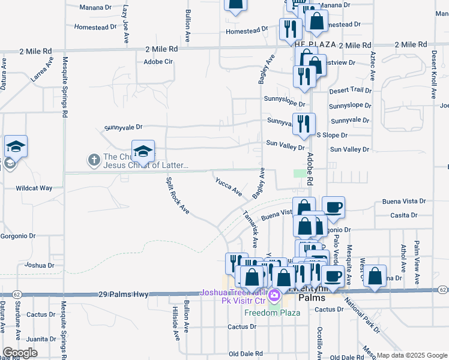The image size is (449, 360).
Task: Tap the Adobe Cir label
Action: click(158, 62)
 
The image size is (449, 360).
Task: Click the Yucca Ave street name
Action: click(229, 185)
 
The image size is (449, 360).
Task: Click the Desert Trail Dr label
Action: click(351, 90)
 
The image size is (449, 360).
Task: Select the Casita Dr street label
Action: click(404, 215)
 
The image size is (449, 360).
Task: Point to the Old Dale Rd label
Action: click(246, 353)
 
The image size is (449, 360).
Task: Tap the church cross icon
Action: click(94, 160)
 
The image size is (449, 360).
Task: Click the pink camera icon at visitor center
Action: click(274, 295)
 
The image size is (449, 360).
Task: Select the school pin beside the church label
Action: click(143, 152)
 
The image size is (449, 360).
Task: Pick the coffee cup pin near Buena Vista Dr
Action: click(334, 208)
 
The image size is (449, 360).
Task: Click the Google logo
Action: click(20, 353)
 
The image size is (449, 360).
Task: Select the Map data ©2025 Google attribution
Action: click(412, 355)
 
